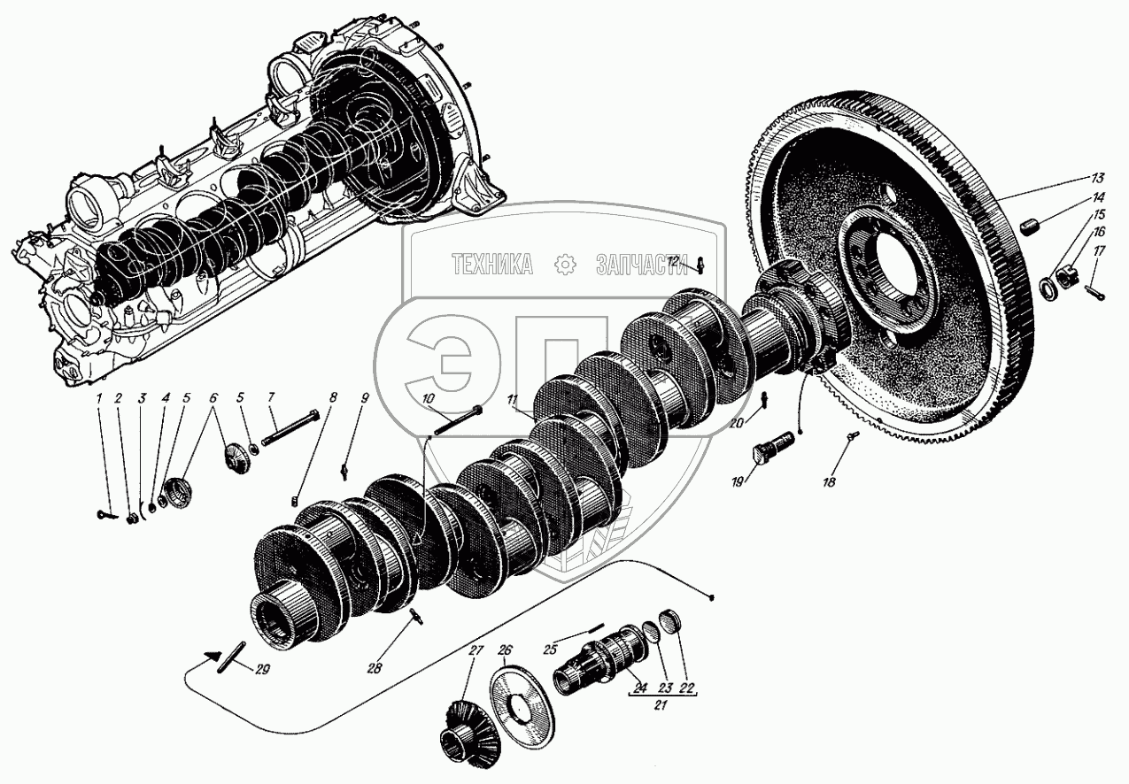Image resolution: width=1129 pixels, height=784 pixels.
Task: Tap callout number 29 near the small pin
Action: [x=262, y=669]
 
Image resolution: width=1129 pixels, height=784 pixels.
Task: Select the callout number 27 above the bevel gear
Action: [x=476, y=651]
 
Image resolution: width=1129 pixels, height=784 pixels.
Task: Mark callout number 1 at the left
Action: [x=101, y=399]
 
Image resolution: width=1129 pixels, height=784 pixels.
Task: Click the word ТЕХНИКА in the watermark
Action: [x=492, y=264]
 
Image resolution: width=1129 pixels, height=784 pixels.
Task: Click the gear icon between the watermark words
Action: [x=563, y=264]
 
